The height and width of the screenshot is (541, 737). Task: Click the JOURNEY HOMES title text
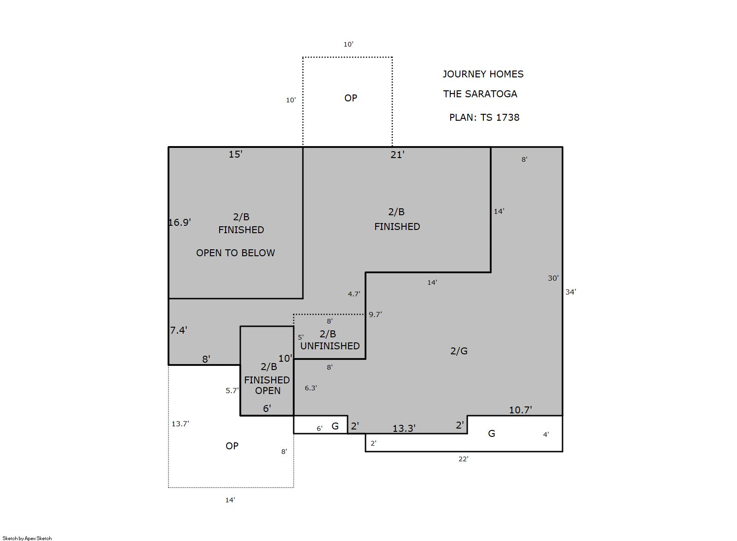[483, 74]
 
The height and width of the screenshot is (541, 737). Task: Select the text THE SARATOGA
[480, 94]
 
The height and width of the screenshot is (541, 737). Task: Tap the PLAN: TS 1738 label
[484, 118]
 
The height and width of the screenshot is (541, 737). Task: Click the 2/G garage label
[458, 351]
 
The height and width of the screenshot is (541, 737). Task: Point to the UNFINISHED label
[330, 346]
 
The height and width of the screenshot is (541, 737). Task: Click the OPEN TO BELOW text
[236, 253]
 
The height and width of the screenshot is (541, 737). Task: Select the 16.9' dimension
[180, 223]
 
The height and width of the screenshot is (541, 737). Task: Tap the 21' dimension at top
[397, 155]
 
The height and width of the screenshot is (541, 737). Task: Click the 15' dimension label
[236, 154]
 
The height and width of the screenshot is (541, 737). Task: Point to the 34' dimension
[570, 292]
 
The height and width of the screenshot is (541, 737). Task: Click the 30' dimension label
[553, 278]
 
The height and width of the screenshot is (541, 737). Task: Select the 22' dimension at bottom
[463, 459]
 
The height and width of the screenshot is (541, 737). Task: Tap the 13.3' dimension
[404, 429]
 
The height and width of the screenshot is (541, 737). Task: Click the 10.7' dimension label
[521, 410]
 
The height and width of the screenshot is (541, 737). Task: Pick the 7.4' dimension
[179, 330]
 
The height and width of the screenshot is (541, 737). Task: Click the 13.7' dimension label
[180, 424]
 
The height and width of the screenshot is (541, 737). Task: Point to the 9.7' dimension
[375, 314]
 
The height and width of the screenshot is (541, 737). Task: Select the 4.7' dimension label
[354, 294]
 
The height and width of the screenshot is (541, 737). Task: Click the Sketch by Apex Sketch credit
[27, 538]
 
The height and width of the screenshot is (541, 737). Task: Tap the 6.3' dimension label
[311, 388]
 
